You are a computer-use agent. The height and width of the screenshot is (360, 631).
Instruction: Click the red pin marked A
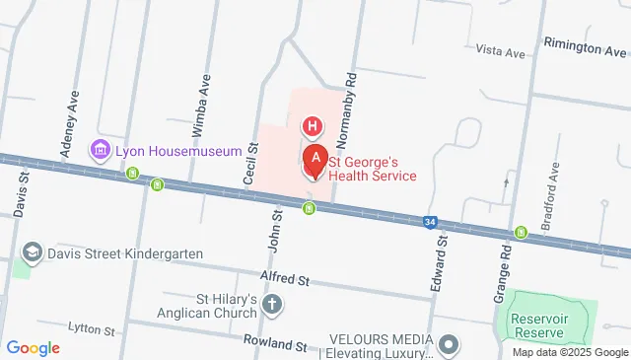[315, 160]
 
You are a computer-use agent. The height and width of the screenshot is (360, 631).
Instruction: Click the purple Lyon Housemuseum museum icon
[100, 150]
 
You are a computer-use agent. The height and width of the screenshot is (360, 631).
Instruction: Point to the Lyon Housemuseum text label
[178, 151]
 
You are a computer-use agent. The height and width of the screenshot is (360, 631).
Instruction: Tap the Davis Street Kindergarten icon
[32, 251]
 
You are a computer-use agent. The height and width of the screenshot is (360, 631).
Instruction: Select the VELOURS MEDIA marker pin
[450, 345]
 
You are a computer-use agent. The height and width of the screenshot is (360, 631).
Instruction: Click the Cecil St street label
[251, 163]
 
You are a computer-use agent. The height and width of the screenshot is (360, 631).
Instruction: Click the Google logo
[33, 348]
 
